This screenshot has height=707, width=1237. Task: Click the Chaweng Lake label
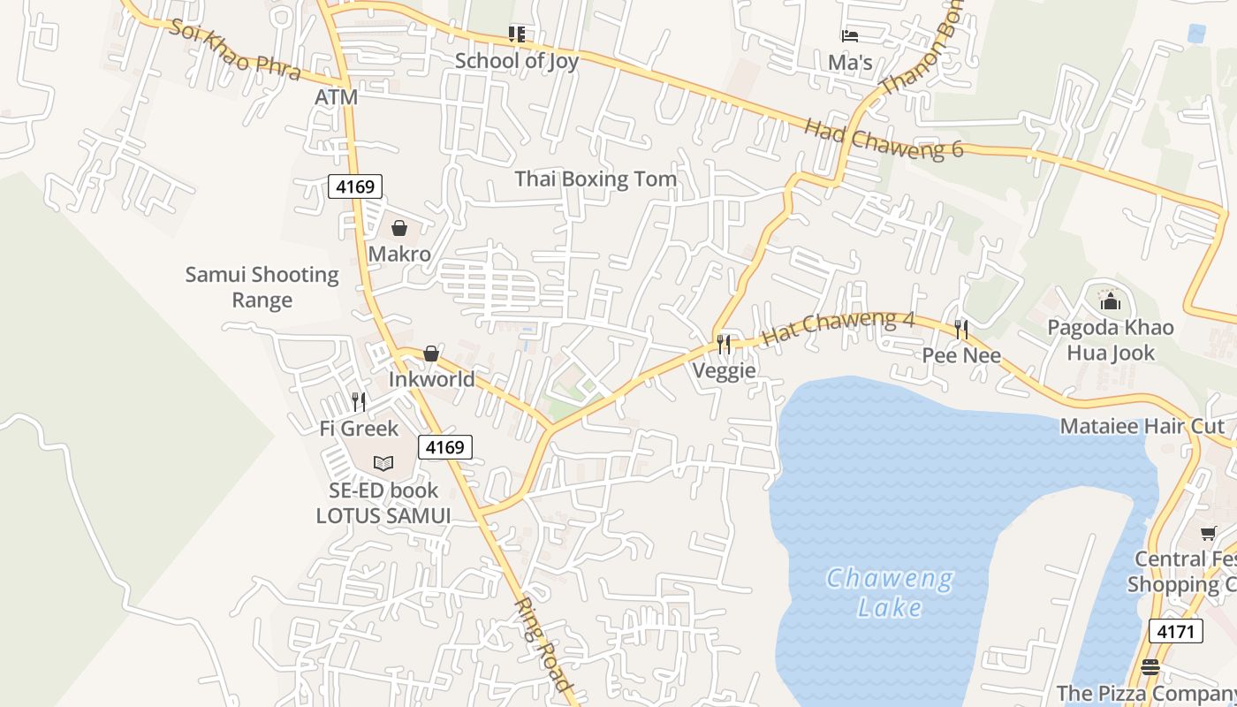(x=889, y=593)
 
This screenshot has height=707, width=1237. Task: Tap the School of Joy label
(x=517, y=60)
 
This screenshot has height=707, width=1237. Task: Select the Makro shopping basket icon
(x=399, y=229)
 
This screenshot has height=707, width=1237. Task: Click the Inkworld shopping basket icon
(x=431, y=353)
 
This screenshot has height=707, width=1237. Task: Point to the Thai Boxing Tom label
(x=596, y=179)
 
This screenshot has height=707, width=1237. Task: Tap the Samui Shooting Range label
(x=262, y=287)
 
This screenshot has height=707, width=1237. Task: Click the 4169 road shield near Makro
(x=355, y=186)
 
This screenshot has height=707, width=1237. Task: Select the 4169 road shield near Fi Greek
(x=444, y=447)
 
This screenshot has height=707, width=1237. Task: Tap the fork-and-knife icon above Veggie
(x=725, y=344)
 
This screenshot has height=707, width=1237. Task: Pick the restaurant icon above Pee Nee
(x=961, y=330)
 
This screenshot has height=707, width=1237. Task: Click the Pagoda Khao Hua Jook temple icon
(x=1111, y=302)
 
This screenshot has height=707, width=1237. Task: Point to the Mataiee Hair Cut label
(x=1142, y=426)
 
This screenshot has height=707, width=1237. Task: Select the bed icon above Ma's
(x=850, y=36)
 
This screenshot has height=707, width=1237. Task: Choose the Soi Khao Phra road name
(x=236, y=49)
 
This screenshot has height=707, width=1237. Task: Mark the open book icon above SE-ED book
(x=383, y=463)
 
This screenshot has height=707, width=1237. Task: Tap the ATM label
(x=337, y=97)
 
